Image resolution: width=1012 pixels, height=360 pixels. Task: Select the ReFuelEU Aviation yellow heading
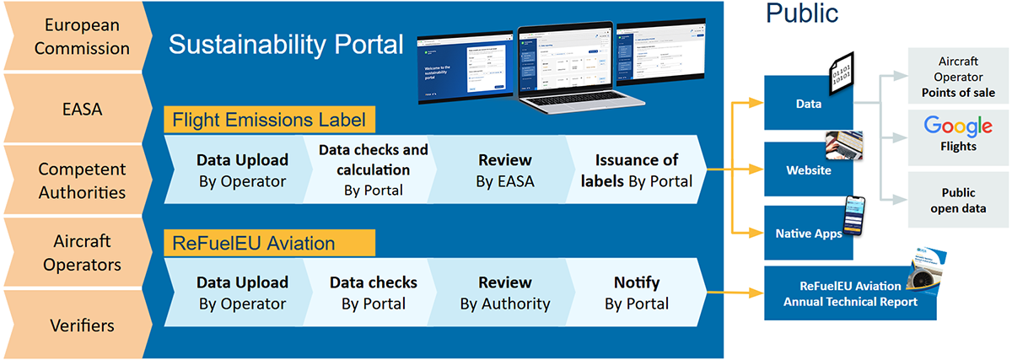click(254, 244)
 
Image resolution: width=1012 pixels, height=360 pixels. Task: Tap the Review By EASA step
click(504, 169)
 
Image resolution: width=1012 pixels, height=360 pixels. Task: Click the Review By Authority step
click(504, 293)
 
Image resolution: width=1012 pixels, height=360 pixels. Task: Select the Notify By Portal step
click(637, 293)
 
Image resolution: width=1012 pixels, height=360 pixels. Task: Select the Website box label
click(808, 170)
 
